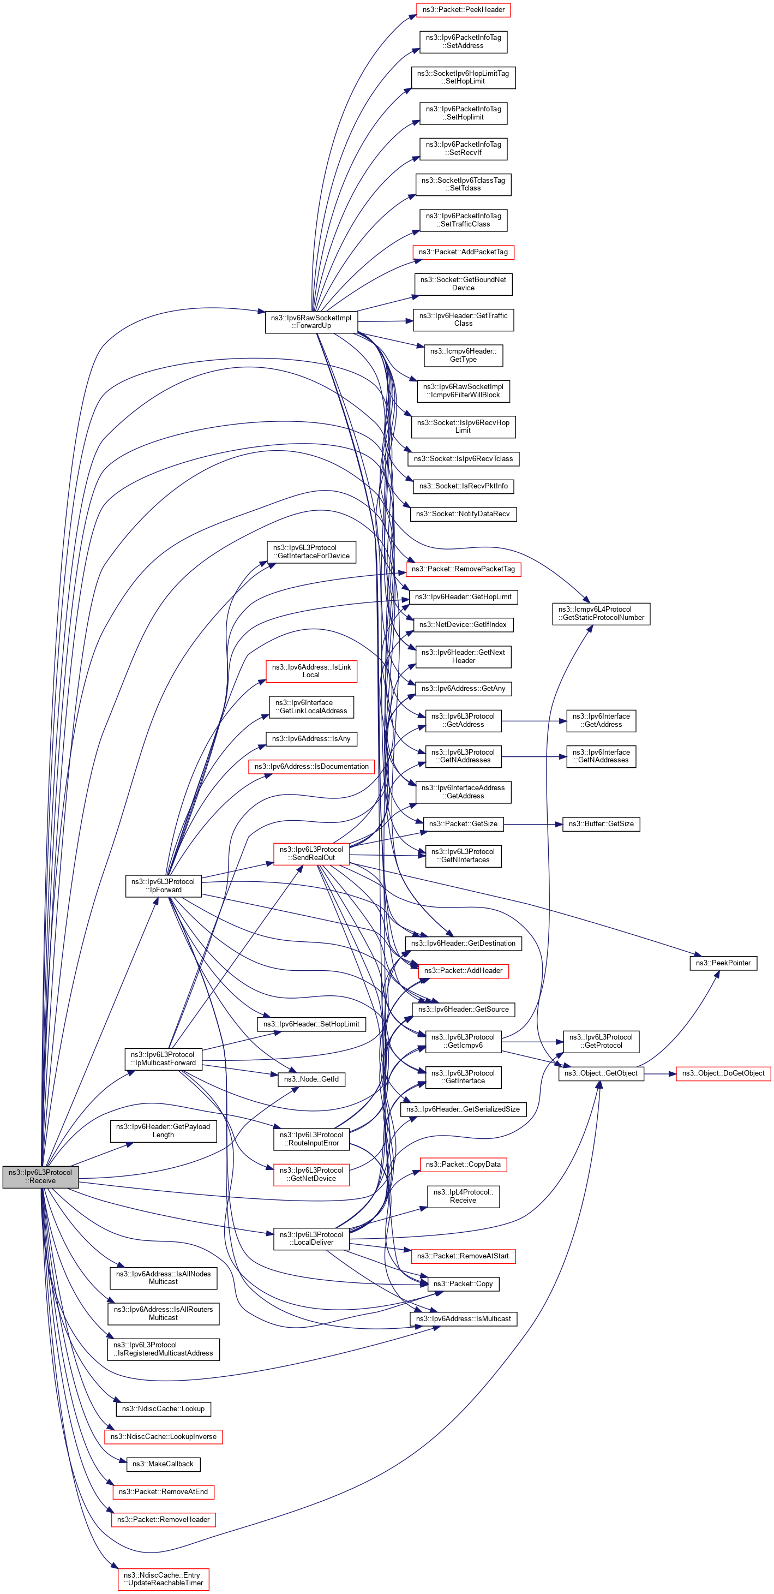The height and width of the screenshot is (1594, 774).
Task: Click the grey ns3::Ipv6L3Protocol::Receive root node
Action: [40, 1177]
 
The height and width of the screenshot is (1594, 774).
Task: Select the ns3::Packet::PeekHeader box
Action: [463, 10]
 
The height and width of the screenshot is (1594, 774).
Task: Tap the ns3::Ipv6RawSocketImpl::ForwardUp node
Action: [311, 322]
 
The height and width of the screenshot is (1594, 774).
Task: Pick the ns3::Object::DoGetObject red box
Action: [723, 1073]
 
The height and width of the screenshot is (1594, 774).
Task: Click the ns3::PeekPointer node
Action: [723, 963]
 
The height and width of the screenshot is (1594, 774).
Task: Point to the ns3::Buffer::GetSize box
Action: [601, 823]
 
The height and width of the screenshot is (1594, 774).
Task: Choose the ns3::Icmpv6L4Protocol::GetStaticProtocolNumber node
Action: [601, 613]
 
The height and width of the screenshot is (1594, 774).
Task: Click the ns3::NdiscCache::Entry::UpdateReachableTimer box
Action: [163, 1579]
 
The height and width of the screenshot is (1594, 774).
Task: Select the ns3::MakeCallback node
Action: [163, 1464]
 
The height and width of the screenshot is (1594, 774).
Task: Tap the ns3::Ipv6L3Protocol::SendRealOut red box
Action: [311, 853]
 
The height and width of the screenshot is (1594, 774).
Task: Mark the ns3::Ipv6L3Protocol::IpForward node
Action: [163, 886]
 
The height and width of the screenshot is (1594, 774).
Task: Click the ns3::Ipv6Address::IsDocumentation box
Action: [311, 766]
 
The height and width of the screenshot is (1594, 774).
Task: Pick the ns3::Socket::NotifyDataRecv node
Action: [463, 514]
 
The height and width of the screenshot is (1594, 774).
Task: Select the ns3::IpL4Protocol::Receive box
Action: [463, 1196]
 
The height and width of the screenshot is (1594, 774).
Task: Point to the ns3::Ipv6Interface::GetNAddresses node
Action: [601, 756]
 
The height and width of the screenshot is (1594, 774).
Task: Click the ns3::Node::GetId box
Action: [311, 1079]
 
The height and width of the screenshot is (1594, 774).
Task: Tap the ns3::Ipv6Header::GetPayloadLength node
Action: [163, 1131]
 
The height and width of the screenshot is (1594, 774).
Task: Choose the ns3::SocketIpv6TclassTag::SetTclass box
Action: [463, 184]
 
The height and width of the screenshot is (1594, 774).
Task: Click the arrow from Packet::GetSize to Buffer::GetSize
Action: [532, 824]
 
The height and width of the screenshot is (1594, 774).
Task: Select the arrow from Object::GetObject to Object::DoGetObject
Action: [659, 1073]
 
